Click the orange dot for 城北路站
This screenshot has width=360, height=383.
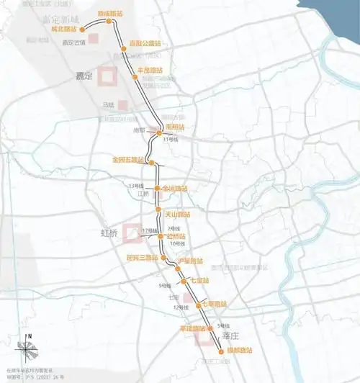pos(84,29)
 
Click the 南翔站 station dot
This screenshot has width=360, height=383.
pos(159,132)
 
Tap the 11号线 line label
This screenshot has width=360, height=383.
pos(170,139)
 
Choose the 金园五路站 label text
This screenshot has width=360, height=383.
pos(129,158)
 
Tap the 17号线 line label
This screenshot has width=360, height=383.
pos(149,230)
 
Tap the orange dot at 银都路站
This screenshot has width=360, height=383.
pos(220,351)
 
